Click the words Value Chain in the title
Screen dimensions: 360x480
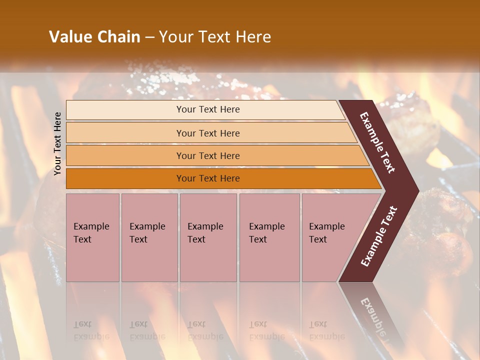[94, 37]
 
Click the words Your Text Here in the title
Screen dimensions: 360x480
[215, 37]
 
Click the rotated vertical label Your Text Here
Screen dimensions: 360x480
[58, 143]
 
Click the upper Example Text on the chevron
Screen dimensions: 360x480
[377, 142]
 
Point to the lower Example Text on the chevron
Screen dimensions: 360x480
[379, 236]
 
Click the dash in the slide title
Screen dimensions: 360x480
[149, 37]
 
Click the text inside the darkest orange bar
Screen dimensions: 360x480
[208, 178]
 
